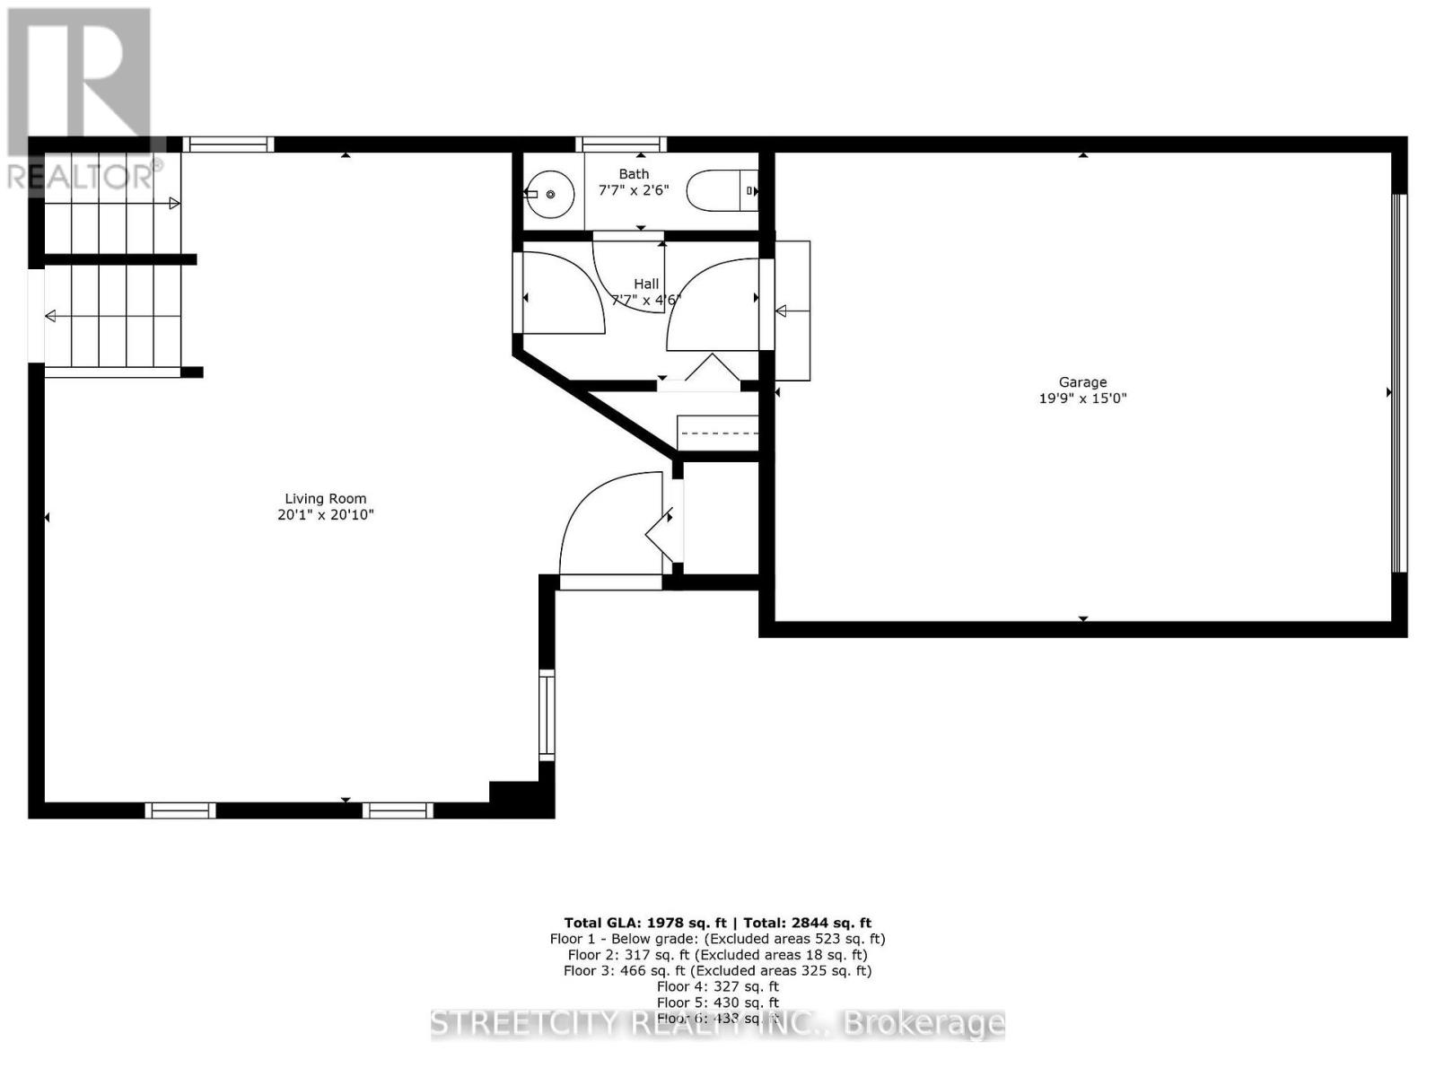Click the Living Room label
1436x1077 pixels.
[325, 499]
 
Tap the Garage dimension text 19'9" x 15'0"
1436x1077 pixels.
[1082, 398]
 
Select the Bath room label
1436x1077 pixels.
[634, 174]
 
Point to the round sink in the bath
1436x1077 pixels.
[549, 194]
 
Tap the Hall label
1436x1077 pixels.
[646, 284]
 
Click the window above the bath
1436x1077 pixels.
[621, 144]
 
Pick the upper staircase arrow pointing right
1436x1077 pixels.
[174, 204]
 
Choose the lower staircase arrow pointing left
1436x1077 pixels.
[51, 316]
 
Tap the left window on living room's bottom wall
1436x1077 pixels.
[180, 810]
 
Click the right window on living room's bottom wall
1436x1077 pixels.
[398, 810]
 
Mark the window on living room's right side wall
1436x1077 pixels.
[546, 714]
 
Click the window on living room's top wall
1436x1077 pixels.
[229, 144]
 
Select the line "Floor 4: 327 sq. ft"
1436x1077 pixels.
[717, 986]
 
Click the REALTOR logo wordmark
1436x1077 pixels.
[82, 175]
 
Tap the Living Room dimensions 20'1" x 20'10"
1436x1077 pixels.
[325, 515]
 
